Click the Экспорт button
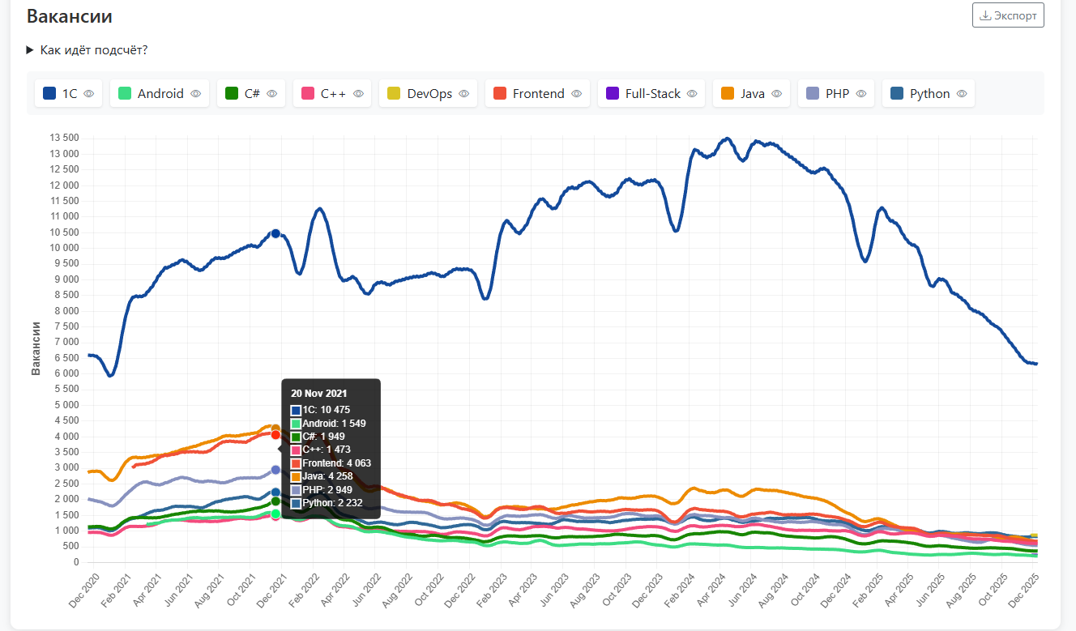click(1008, 15)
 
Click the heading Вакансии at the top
click(70, 16)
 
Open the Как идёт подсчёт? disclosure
click(87, 50)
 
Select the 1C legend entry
click(68, 93)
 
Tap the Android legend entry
click(160, 93)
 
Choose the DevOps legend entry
click(429, 93)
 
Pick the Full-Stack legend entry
click(651, 93)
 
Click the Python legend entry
click(929, 93)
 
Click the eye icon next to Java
click(776, 94)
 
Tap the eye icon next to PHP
click(860, 94)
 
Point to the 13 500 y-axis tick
click(65, 138)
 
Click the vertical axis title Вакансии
click(36, 348)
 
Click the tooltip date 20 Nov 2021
click(318, 394)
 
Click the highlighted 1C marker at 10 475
click(275, 233)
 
